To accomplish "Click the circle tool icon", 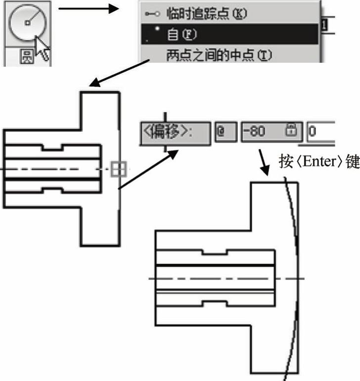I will pos(27,22).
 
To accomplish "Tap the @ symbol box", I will pos(221,132).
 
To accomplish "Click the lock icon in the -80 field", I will pos(291,131).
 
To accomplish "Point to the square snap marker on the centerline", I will pos(118,169).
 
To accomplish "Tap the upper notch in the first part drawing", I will pos(51,147).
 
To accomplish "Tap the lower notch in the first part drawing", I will pos(51,190).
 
